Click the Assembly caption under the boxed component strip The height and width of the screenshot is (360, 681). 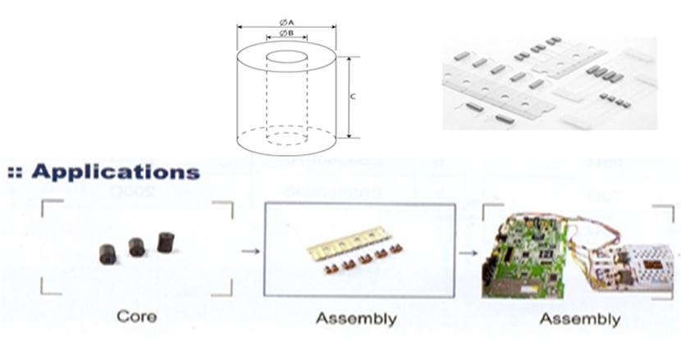[x=356, y=318]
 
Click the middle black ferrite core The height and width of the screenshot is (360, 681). [x=136, y=245]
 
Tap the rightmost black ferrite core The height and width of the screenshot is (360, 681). [x=162, y=240]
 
